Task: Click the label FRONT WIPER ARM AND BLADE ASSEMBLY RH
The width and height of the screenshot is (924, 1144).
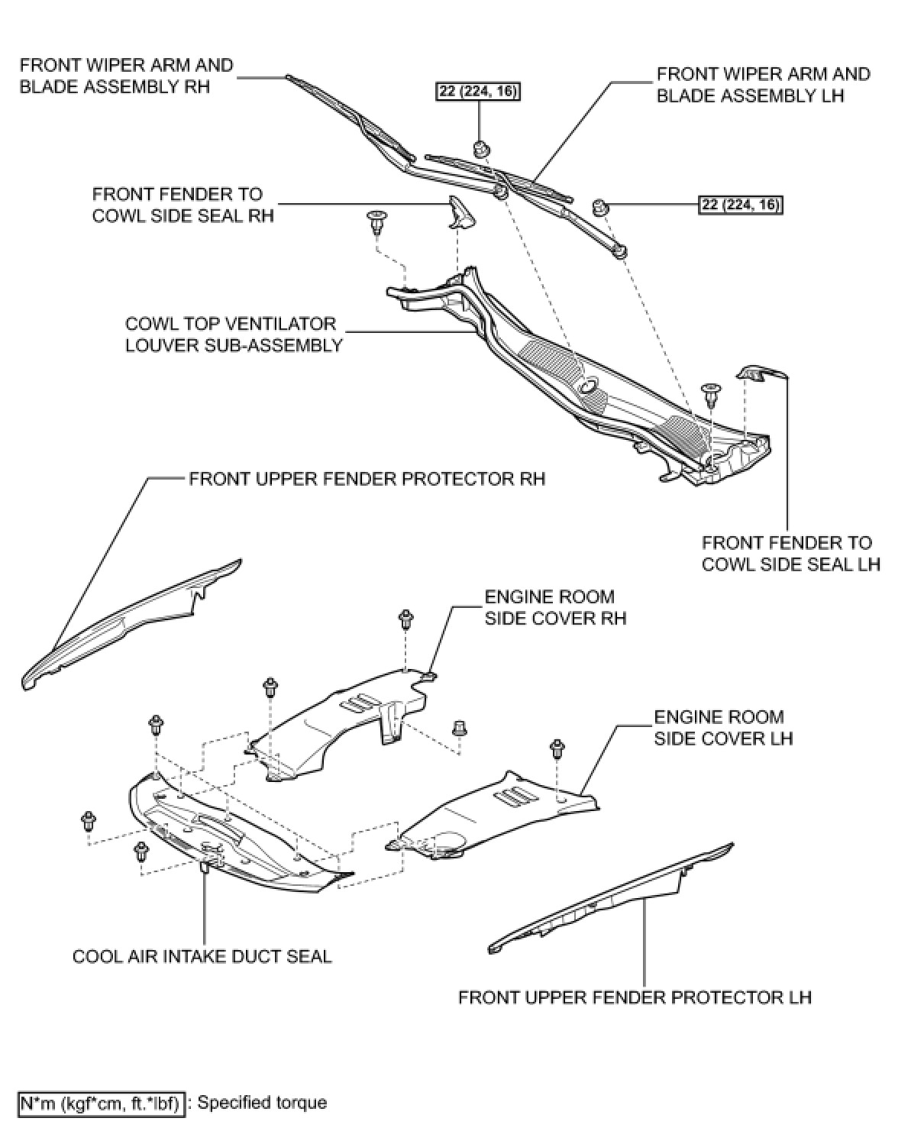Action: click(x=126, y=76)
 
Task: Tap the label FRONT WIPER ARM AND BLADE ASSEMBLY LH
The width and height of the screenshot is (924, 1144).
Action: click(x=763, y=85)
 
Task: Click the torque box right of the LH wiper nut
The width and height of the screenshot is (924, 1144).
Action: click(x=741, y=205)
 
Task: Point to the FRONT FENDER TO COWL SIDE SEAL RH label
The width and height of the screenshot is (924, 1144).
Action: click(x=183, y=205)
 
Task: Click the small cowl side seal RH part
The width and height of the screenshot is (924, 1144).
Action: click(x=460, y=212)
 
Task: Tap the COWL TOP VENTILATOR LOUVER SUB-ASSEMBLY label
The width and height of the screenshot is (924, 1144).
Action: click(x=233, y=334)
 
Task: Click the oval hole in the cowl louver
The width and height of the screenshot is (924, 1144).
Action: click(x=590, y=387)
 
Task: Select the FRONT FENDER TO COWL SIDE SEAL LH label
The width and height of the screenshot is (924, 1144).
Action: click(x=790, y=554)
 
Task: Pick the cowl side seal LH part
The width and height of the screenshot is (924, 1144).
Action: click(x=760, y=373)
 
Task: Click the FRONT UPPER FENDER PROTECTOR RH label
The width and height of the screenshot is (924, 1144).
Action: click(x=367, y=479)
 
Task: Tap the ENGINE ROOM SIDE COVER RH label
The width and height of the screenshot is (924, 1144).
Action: click(x=555, y=607)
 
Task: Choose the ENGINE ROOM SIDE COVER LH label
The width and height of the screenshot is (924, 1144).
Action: click(x=722, y=728)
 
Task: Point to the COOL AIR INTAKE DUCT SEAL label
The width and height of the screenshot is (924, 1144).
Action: click(x=202, y=956)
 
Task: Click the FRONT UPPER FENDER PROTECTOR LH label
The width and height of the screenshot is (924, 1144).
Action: click(x=635, y=997)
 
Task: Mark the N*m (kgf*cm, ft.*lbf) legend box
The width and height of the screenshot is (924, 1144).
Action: click(x=102, y=1104)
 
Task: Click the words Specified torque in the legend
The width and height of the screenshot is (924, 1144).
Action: click(x=262, y=1103)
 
